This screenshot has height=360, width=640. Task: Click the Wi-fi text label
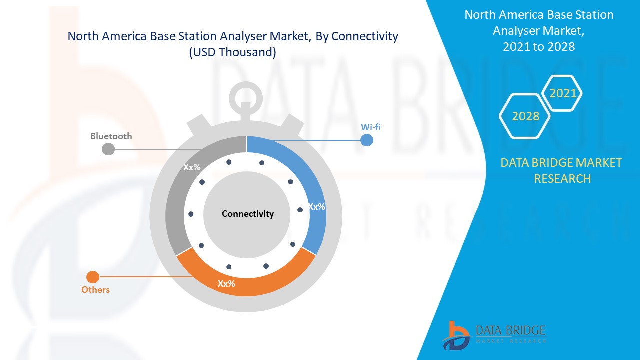371,127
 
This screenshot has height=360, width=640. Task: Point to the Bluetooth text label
111,136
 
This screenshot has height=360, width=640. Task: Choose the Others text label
95,290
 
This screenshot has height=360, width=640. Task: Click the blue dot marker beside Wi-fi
367,140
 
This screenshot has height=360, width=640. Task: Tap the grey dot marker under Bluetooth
108,149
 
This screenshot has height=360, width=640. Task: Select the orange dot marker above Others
93,277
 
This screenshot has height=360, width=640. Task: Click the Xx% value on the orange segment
226,283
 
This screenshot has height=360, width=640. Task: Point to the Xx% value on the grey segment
192,167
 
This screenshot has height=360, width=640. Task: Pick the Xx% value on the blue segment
316,206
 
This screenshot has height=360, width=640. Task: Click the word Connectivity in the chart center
248,214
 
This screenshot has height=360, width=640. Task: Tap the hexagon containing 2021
563,93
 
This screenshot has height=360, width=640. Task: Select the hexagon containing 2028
525,116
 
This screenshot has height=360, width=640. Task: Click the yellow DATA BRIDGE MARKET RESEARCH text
562,170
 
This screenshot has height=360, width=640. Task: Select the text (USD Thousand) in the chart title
232,52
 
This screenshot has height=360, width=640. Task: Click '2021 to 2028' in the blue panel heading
539,47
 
